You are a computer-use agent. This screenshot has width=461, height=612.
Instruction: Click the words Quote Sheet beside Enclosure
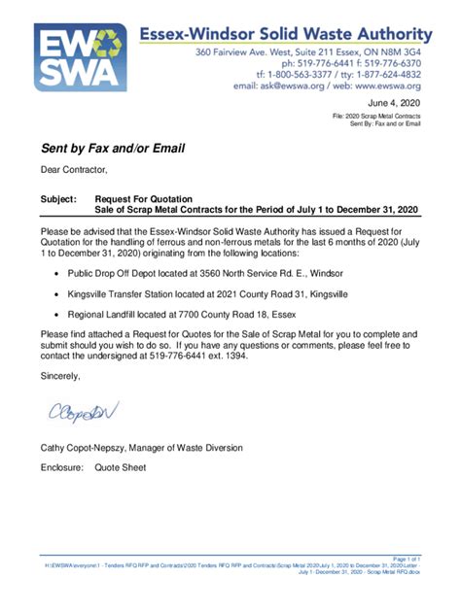(x=121, y=467)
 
